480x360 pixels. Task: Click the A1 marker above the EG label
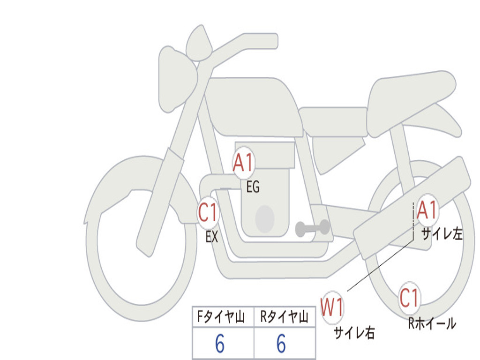coord(244,162)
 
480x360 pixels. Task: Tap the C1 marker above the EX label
coord(208,213)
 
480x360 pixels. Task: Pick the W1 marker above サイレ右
coord(332,307)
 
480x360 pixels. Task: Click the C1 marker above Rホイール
coord(409,298)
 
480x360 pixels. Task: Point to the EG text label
coord(253,187)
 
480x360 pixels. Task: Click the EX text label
coord(212,237)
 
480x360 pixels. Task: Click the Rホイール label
coord(432,323)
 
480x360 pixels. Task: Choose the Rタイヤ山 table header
coord(284,317)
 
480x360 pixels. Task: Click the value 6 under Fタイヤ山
coord(220,343)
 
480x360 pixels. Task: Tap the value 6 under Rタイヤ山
coord(281,343)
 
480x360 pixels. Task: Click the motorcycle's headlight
coord(177,80)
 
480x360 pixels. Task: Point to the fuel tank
coord(254,105)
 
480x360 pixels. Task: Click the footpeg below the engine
coord(312,228)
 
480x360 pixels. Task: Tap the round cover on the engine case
coord(265,219)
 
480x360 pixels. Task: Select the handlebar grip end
coord(272,41)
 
